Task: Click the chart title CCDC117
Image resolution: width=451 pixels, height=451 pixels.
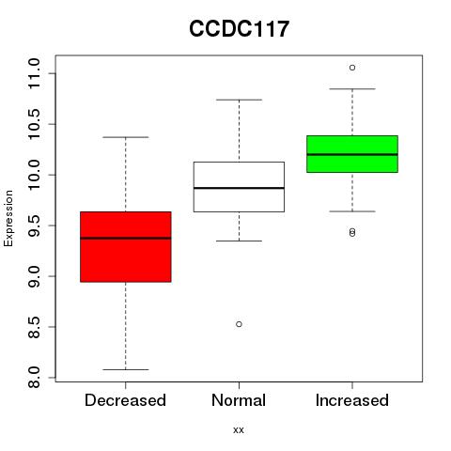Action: tap(239, 29)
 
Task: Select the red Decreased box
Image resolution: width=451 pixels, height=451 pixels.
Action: tap(126, 247)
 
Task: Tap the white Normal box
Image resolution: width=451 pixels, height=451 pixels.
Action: tap(239, 187)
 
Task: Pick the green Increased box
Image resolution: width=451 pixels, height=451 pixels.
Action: tap(352, 154)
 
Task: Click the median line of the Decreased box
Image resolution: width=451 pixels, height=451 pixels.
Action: tap(126, 238)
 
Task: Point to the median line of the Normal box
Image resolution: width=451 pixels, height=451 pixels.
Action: tap(239, 188)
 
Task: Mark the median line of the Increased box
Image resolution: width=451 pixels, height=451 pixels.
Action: tap(352, 154)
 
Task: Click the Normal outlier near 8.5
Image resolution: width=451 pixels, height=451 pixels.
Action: tap(239, 324)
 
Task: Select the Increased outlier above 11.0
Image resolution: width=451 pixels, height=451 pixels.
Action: tap(352, 68)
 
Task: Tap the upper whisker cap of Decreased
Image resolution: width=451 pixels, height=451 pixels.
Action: tap(126, 137)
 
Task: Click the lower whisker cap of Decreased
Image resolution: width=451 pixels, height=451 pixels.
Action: tap(126, 369)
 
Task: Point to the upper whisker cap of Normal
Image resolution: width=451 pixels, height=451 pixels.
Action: tap(239, 100)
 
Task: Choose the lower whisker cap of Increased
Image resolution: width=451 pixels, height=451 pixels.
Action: tap(352, 211)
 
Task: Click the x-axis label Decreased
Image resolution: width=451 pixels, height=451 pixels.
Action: tap(125, 400)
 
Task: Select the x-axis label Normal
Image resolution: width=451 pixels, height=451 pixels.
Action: tap(239, 400)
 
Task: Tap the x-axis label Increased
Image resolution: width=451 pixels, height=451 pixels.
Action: tap(352, 400)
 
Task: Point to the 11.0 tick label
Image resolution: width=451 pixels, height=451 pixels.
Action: tap(34, 73)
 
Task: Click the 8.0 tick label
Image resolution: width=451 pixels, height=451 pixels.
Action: tap(34, 378)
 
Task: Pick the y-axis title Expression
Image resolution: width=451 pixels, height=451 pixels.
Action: tap(8, 218)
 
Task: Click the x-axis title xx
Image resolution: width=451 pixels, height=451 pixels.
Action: tap(239, 430)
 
